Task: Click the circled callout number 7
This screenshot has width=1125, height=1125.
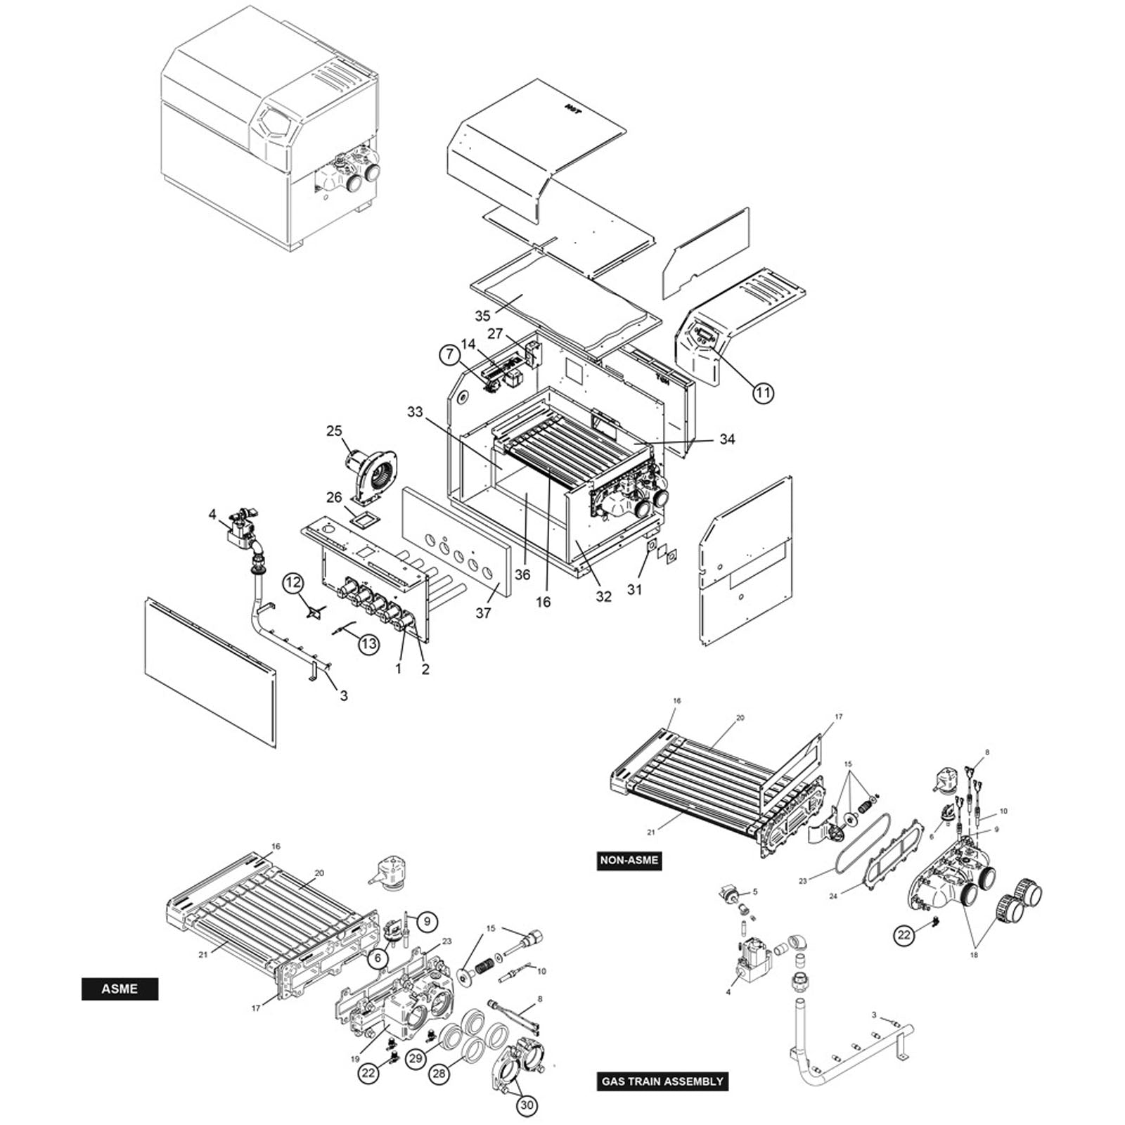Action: point(450,355)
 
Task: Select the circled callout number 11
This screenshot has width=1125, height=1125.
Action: point(763,392)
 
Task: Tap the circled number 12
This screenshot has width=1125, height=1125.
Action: point(293,582)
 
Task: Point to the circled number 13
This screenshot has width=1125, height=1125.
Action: point(369,643)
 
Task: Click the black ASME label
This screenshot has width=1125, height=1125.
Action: point(120,989)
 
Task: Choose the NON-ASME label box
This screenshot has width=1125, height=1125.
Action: point(629,861)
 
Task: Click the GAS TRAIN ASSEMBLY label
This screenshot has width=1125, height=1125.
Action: point(661,1081)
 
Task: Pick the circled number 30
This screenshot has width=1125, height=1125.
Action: point(527,1106)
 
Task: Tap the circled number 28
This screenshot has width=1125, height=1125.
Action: point(439,1074)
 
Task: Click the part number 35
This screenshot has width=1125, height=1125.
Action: point(482,316)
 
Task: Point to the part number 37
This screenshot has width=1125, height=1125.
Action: point(483,613)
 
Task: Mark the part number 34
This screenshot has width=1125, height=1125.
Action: point(727,439)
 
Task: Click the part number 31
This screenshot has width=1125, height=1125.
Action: point(635,591)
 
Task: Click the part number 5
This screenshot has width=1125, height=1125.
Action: point(755,892)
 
